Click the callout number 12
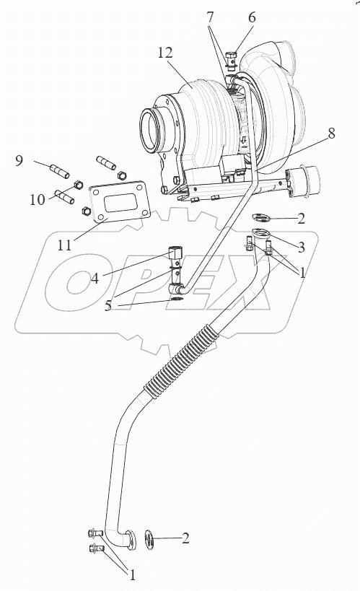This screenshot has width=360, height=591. point(165,53)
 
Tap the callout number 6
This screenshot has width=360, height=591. point(252,18)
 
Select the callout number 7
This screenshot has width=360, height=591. point(211,18)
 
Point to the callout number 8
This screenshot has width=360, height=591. point(331,133)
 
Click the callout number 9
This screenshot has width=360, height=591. point(19,161)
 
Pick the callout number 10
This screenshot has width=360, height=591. point(38,199)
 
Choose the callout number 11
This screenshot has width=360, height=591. point(64,245)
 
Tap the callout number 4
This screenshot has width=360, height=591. point(95,279)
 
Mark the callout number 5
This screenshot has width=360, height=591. point(108,306)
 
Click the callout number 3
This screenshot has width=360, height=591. point(301,248)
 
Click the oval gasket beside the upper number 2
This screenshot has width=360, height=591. point(260,217)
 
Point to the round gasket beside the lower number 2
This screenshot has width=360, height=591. point(149,539)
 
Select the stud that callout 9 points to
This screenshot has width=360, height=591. point(59,170)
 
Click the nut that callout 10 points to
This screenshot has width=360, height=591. point(78,184)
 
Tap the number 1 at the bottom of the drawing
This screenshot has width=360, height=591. point(132,575)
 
